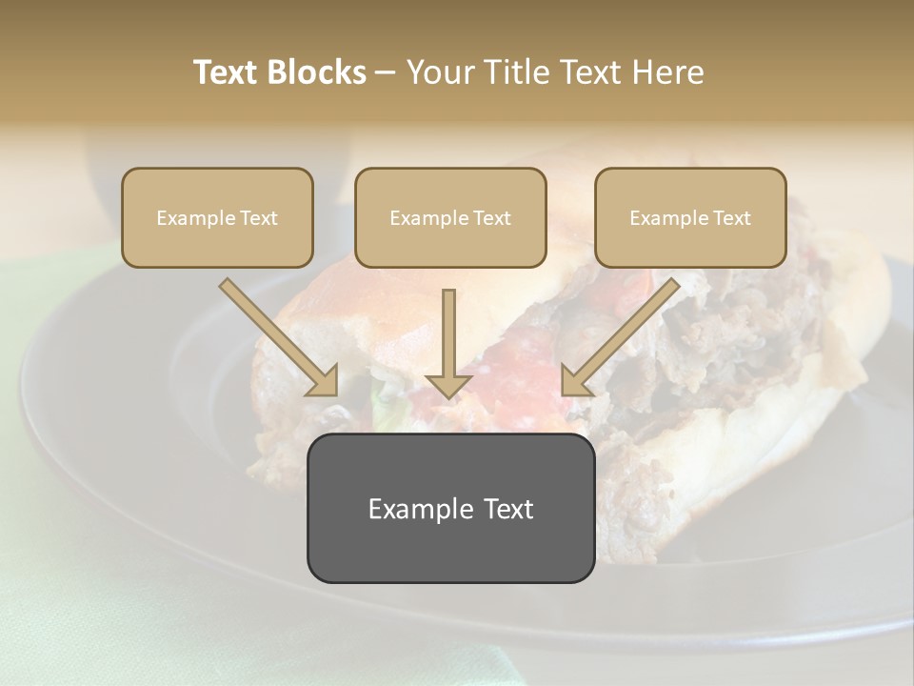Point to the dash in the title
point(386,73)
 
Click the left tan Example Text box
point(217,217)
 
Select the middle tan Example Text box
point(450,217)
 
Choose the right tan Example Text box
point(690,217)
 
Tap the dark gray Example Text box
point(450,508)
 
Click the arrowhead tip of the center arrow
point(448,394)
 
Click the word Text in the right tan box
point(730,218)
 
